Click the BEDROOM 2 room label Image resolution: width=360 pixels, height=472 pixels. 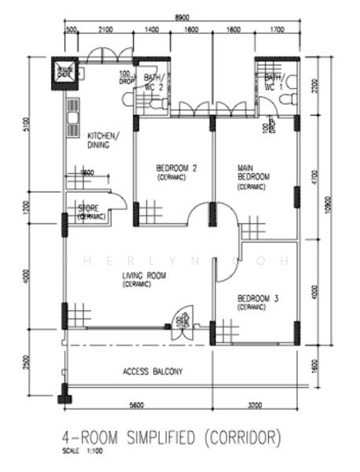[176, 168]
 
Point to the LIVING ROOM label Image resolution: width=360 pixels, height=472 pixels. [144, 276]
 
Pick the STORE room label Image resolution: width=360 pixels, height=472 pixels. [90, 208]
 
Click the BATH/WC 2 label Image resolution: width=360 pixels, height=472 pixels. [153, 82]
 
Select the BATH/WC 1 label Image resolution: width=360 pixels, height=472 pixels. [274, 82]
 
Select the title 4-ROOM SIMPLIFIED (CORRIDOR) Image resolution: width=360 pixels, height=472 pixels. [171, 437]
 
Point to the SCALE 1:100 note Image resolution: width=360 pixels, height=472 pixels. [83, 451]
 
